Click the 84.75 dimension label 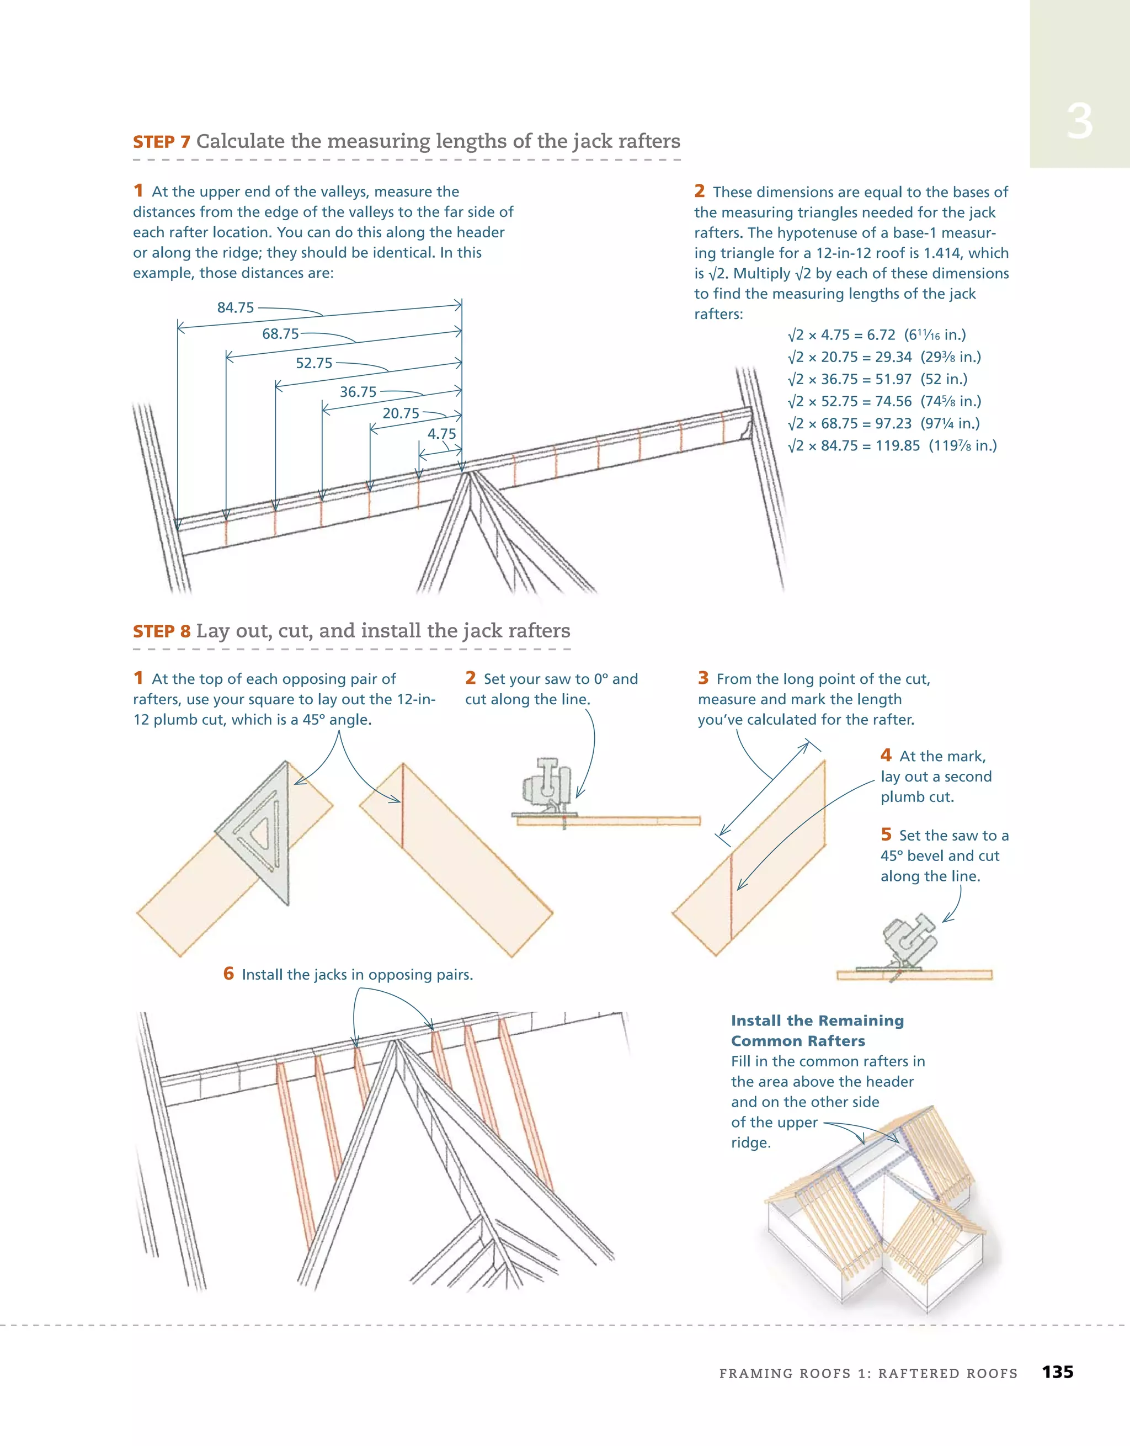(236, 308)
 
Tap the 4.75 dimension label (441, 434)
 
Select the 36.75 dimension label (358, 392)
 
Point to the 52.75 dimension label (314, 364)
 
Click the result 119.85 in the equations (898, 445)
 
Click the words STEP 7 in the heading (162, 142)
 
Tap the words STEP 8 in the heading (162, 631)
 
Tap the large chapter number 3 (1079, 122)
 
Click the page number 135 (1057, 1372)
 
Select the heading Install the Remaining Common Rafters (817, 1031)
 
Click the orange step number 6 (228, 973)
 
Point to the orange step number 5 (886, 834)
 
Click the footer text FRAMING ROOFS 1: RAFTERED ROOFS (868, 1374)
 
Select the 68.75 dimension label (280, 334)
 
